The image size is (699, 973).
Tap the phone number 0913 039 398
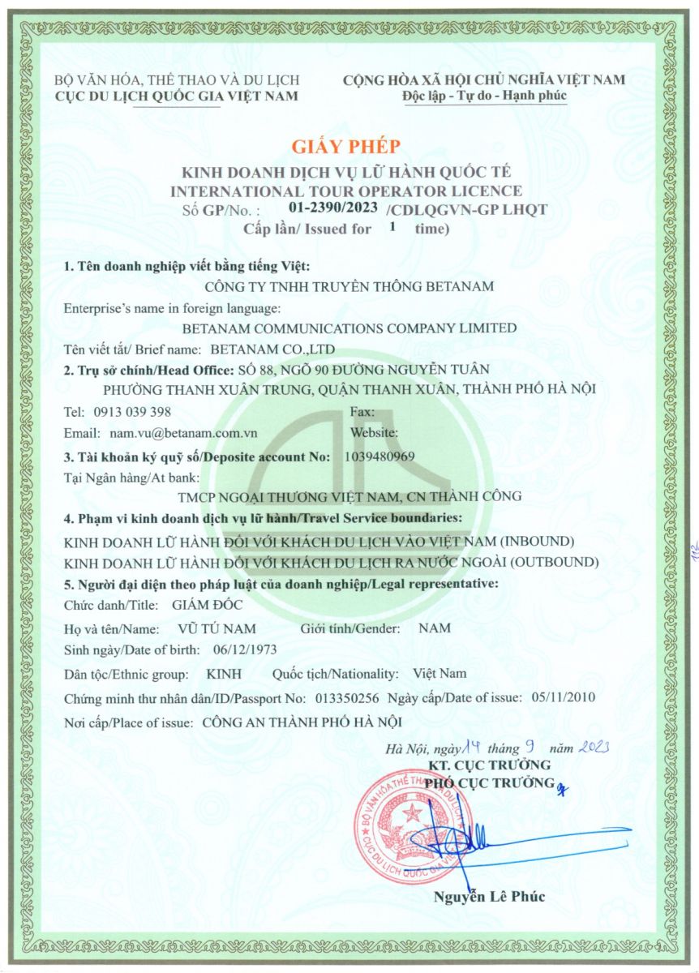pyautogui.click(x=133, y=411)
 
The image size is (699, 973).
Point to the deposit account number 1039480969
pyautogui.click(x=380, y=456)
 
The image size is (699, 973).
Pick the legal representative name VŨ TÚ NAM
pyautogui.click(x=217, y=628)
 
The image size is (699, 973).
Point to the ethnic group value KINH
pyautogui.click(x=223, y=675)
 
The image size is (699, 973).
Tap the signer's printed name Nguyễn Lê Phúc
pyautogui.click(x=490, y=896)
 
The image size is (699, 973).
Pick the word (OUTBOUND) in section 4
pyautogui.click(x=555, y=562)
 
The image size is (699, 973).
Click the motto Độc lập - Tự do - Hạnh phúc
pyautogui.click(x=484, y=96)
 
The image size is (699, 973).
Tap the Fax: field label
pyautogui.click(x=363, y=411)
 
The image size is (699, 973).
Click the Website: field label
pyautogui.click(x=374, y=434)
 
